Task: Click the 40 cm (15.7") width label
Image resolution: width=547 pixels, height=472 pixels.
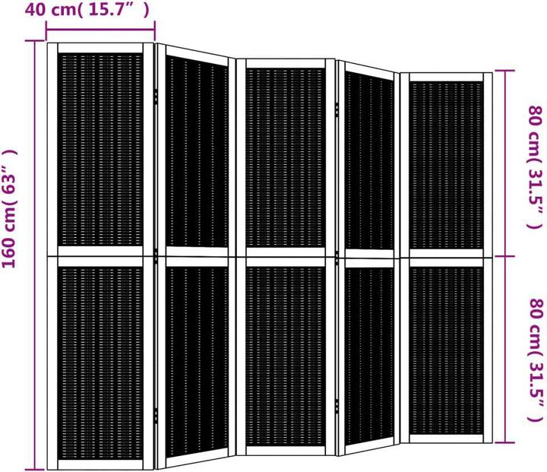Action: (87, 9)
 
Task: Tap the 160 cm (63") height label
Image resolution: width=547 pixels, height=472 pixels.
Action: (9, 208)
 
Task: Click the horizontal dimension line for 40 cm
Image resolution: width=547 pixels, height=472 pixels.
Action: (100, 30)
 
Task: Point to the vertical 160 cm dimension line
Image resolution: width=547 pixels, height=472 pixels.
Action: (34, 255)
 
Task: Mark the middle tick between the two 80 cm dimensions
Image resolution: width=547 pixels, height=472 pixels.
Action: (504, 256)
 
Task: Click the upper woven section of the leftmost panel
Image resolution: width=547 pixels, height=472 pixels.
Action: (100, 150)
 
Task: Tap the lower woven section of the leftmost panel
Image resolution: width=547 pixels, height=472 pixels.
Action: (100, 363)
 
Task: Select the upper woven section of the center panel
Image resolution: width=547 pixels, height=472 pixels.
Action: (285, 158)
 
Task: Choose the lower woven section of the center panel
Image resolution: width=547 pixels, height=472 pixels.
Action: (285, 356)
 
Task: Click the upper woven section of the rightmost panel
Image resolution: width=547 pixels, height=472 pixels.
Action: (446, 165)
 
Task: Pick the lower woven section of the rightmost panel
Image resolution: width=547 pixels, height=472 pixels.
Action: (446, 351)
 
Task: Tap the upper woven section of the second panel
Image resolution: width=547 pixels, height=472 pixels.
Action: (197, 152)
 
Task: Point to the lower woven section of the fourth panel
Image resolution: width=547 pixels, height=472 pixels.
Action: (369, 356)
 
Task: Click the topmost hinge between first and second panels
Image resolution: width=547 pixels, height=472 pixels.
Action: (156, 97)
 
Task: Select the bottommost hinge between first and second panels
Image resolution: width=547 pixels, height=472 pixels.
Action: (156, 416)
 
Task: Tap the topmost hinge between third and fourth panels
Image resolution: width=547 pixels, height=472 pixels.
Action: (337, 109)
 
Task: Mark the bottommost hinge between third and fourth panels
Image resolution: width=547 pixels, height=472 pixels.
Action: (337, 407)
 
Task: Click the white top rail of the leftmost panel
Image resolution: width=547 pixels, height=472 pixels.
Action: (100, 48)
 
